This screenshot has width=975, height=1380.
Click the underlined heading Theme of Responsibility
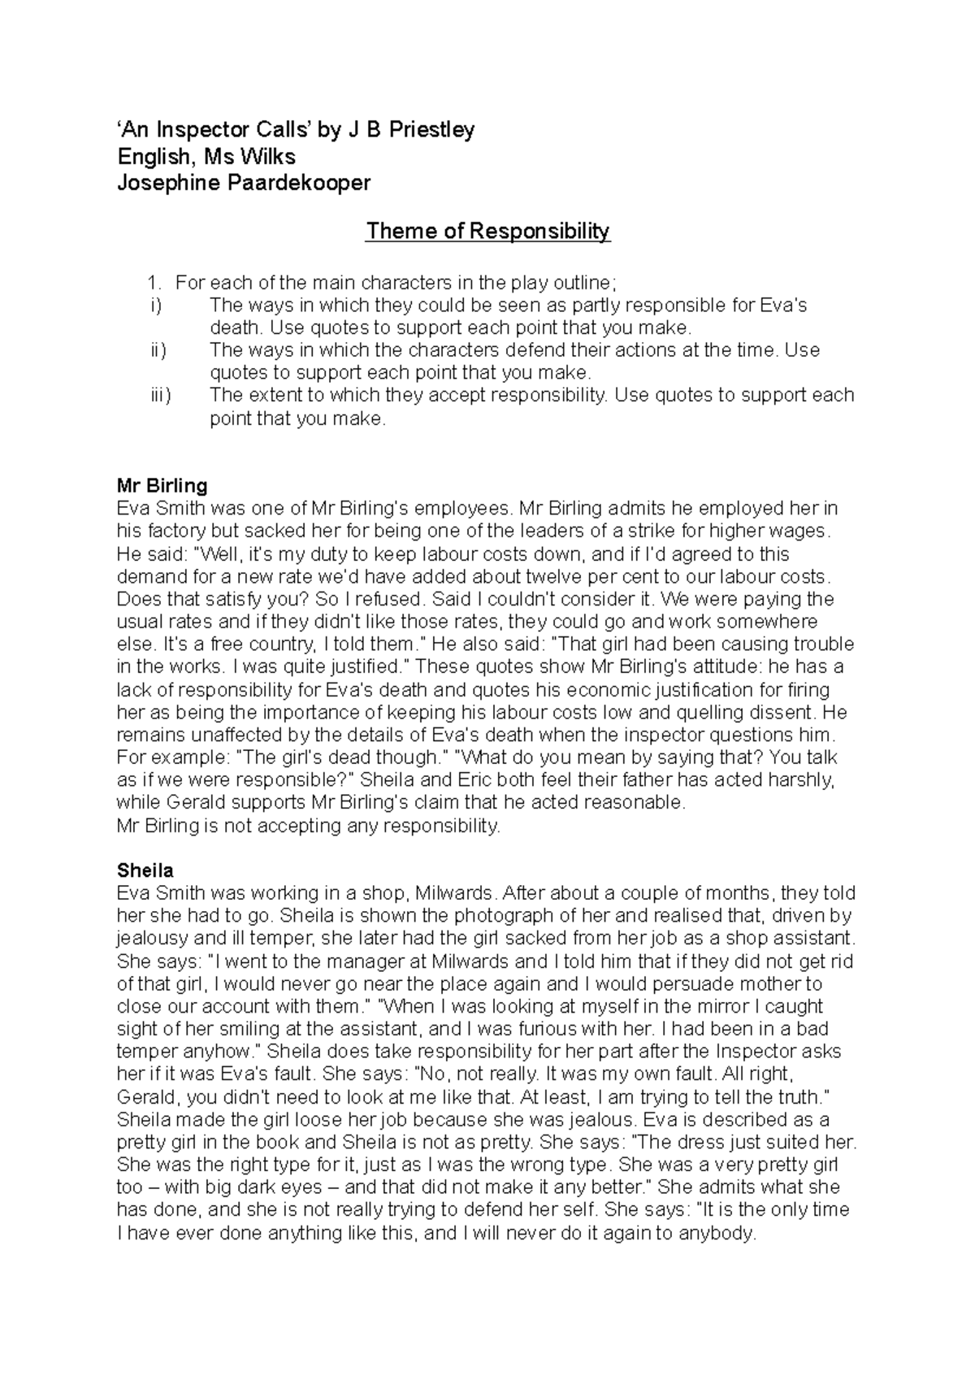point(487,232)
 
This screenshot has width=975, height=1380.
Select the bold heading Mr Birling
point(162,486)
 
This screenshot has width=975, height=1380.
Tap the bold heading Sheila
point(145,870)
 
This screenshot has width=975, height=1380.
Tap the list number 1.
point(154,283)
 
